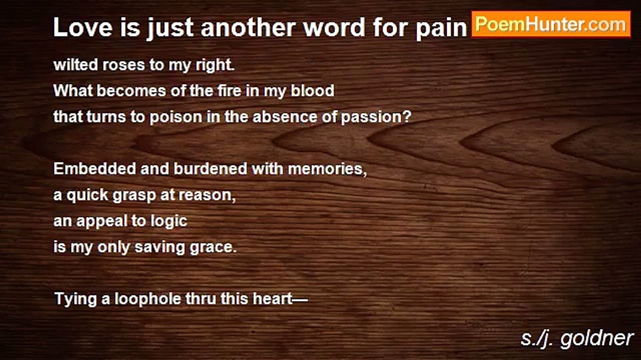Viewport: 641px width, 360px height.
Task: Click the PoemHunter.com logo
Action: click(x=551, y=24)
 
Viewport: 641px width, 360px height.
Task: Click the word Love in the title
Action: click(x=83, y=27)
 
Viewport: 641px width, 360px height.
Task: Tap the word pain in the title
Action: click(x=442, y=28)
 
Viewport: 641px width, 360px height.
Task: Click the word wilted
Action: click(x=76, y=64)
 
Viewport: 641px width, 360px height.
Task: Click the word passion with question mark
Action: click(x=376, y=117)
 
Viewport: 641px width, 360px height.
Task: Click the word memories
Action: click(x=327, y=169)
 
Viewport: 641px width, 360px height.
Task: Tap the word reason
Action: click(x=207, y=195)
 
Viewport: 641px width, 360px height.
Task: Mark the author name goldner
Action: click(x=596, y=339)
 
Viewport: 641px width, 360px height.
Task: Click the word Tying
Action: click(x=76, y=299)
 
